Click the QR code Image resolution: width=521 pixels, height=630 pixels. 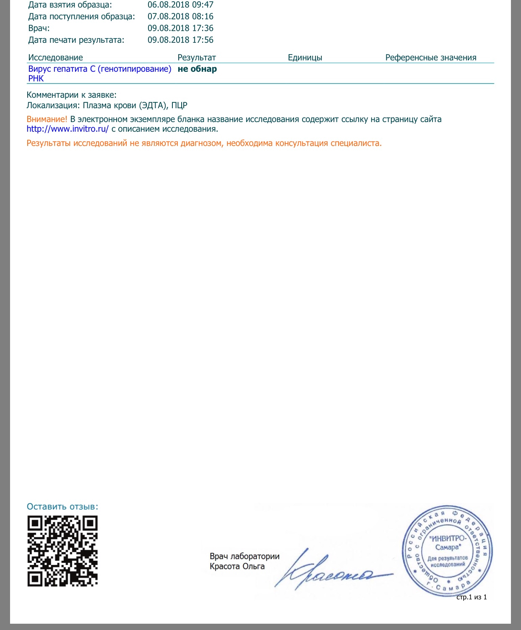point(63,551)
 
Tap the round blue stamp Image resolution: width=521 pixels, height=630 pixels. point(447,550)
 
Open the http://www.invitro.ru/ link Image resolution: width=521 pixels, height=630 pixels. point(68,129)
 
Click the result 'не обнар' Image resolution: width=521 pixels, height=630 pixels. point(197,69)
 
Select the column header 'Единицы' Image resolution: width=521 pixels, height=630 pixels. point(305,58)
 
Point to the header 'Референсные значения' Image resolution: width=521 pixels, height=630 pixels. point(431,58)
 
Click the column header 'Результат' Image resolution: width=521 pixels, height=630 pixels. point(196,58)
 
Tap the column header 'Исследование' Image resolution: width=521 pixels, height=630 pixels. point(55,58)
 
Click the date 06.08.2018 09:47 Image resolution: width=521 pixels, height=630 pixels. point(180,5)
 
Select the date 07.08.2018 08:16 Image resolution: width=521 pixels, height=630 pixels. point(180,17)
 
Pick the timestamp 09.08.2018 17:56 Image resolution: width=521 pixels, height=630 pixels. point(180,40)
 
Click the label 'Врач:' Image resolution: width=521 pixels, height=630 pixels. point(39,29)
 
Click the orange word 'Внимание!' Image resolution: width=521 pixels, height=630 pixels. point(47,120)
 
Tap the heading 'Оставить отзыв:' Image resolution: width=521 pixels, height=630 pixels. point(63,507)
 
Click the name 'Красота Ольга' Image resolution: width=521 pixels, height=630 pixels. point(237,567)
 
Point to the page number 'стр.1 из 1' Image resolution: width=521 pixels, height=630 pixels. point(472,597)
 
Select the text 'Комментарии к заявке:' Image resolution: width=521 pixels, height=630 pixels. point(71,95)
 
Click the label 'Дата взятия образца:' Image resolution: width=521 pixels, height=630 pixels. point(70,5)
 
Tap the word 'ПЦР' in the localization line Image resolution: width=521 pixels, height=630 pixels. point(179,105)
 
